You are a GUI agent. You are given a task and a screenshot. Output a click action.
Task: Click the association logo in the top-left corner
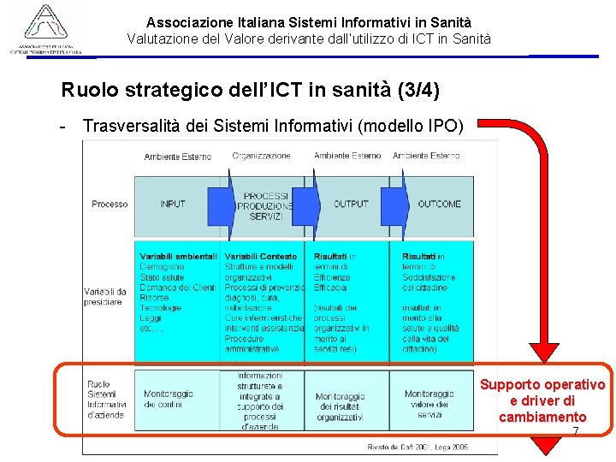[46, 29]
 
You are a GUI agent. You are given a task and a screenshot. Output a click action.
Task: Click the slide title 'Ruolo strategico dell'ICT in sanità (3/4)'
[251, 90]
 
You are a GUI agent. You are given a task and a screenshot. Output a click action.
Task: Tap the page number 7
[576, 430]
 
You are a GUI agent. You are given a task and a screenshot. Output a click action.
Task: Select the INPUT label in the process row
[173, 204]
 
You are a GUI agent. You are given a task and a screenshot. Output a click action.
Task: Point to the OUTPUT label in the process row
[351, 204]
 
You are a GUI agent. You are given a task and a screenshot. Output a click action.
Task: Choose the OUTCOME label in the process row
[439, 204]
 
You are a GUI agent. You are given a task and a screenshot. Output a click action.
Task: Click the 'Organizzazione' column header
[262, 156]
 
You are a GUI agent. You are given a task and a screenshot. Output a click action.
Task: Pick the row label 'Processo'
[110, 204]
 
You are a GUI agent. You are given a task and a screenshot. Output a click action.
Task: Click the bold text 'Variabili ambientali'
[178, 257]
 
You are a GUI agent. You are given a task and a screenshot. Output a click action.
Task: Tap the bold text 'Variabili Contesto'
[261, 257]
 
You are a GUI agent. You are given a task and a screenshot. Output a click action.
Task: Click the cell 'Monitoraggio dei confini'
[169, 399]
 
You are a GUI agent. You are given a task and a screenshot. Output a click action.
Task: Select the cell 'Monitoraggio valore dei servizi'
[429, 404]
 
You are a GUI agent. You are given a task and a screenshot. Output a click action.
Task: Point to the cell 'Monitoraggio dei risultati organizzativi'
[341, 407]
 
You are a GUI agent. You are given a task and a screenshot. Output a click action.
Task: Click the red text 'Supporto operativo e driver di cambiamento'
[542, 400]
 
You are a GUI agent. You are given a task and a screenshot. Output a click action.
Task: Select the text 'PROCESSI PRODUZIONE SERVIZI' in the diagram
[266, 206]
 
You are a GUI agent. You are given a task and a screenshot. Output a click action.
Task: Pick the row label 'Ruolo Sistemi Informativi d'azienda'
[106, 400]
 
